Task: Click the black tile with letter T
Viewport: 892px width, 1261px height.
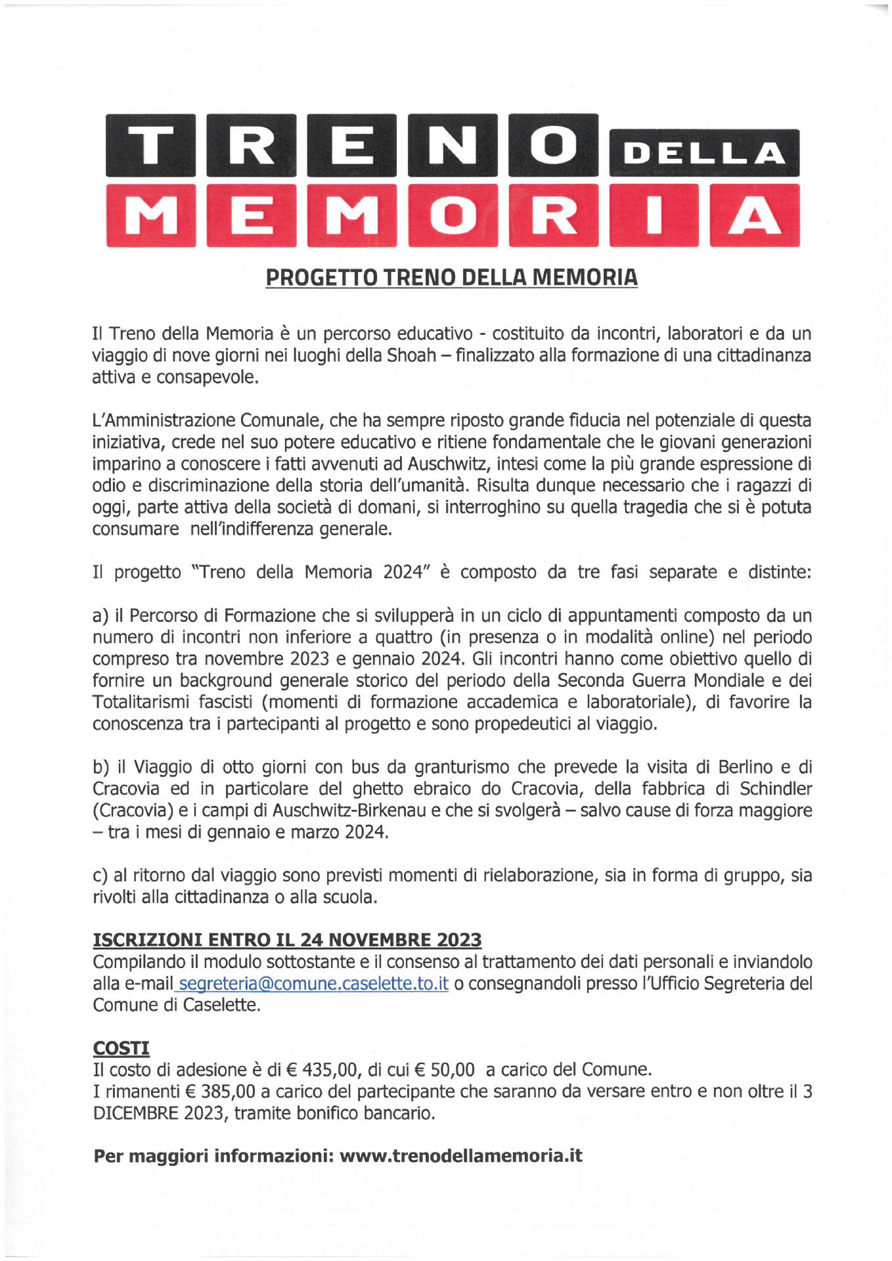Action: click(x=150, y=145)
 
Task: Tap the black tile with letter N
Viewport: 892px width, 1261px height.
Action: click(x=453, y=145)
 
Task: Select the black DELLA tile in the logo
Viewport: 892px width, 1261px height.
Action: click(x=703, y=153)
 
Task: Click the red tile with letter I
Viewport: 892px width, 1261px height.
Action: click(x=654, y=215)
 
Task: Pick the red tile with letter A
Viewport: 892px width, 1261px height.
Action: click(x=754, y=215)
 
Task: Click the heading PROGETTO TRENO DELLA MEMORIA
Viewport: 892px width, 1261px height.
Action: click(x=451, y=277)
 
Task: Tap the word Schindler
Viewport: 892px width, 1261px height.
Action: click(x=776, y=789)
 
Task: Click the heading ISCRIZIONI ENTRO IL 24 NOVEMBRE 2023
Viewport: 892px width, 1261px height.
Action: click(x=287, y=940)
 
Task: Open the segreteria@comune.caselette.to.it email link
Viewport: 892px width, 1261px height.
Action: click(x=313, y=984)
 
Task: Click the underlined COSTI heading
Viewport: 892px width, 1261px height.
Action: click(x=122, y=1048)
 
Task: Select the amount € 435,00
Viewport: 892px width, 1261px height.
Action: click(x=323, y=1070)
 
